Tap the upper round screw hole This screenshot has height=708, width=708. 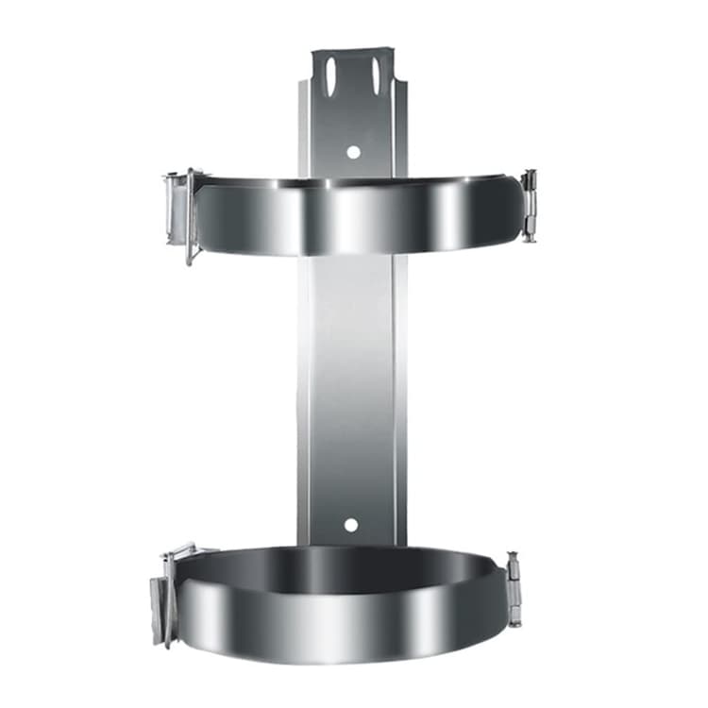pos(353,151)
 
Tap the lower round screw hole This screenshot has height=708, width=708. pos(351,524)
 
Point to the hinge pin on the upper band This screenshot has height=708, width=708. pos(530,206)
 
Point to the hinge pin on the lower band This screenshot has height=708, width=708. pos(514,591)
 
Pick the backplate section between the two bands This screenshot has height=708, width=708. pos(351,378)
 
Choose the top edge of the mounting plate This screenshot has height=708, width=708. pos(353,49)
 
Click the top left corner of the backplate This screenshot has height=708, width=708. pos(314,53)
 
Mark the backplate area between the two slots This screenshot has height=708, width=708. pos(353,76)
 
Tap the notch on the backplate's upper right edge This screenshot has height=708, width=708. pos(400,85)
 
